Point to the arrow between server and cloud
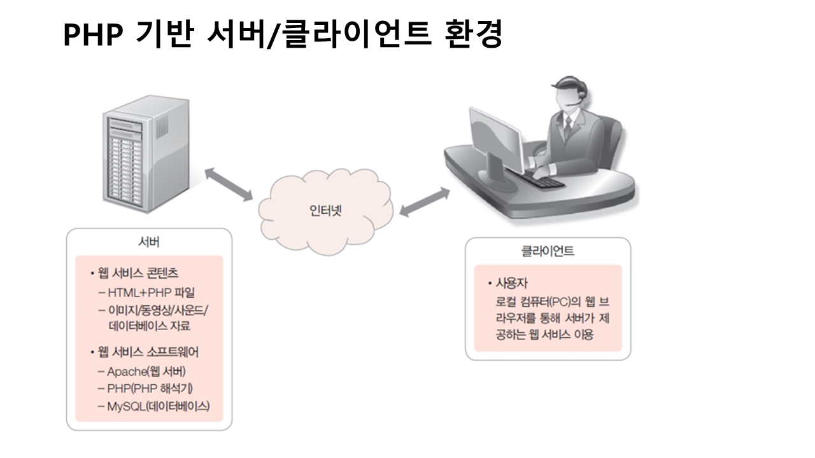(229, 185)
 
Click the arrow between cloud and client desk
(422, 203)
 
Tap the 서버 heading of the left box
(149, 242)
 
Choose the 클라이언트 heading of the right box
(548, 251)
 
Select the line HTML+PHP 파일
(150, 293)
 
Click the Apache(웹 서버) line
(146, 372)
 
